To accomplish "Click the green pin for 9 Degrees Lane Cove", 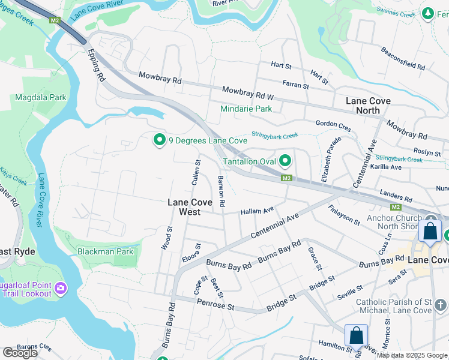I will [x=159, y=140].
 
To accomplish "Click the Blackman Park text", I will [x=105, y=251].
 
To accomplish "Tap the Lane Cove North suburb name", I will [x=368, y=106].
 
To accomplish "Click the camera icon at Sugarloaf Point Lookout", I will [x=60, y=289].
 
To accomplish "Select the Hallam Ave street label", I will [x=257, y=211].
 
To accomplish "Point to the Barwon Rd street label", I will [x=221, y=191].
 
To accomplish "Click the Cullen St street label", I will [x=196, y=172].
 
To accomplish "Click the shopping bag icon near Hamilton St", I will [x=356, y=335].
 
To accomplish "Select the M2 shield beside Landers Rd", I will [x=396, y=206].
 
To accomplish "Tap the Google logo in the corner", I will [x=20, y=353].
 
